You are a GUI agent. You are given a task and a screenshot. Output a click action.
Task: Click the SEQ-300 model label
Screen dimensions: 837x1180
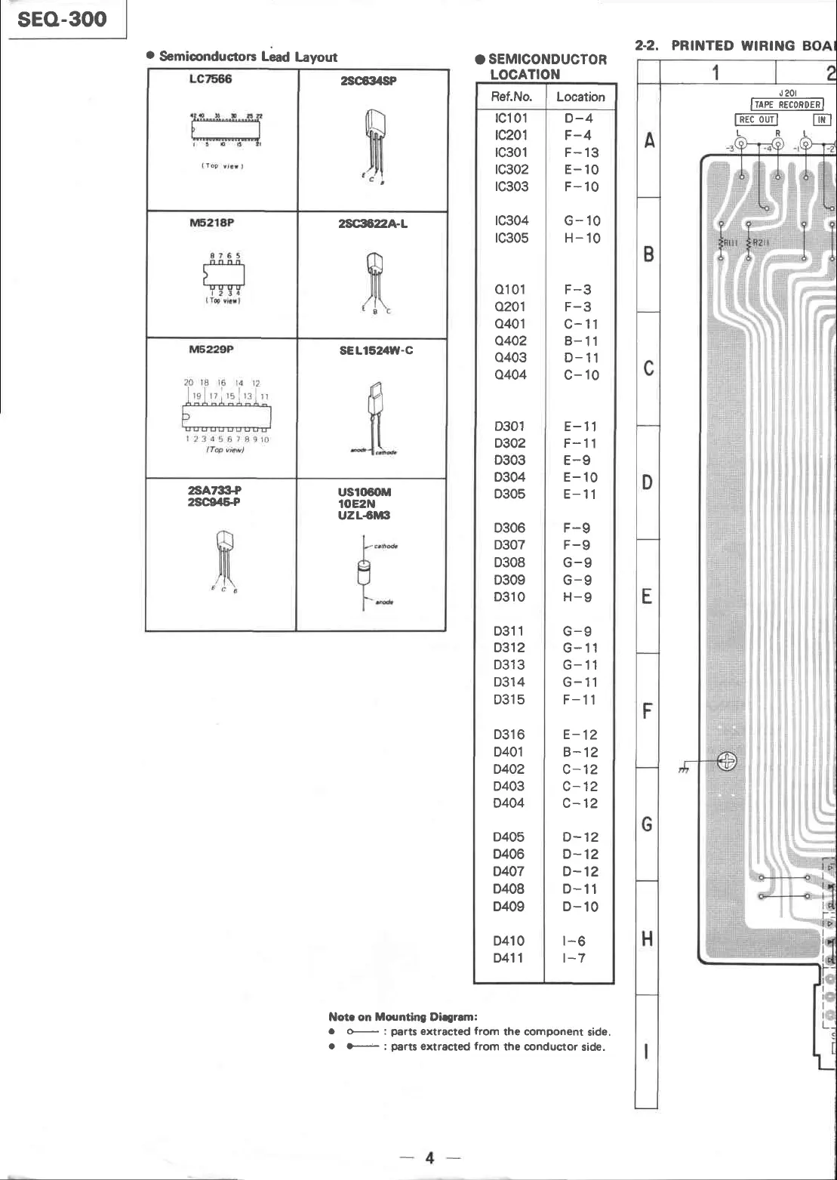click(62, 19)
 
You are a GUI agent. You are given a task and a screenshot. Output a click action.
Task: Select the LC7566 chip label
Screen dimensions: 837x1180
click(211, 79)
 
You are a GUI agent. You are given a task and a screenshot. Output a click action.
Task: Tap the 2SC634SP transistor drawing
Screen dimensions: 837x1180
click(373, 143)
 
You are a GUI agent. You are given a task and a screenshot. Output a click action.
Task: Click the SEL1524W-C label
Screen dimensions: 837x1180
click(375, 350)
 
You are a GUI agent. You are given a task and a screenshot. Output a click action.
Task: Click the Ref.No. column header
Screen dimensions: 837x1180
click(511, 97)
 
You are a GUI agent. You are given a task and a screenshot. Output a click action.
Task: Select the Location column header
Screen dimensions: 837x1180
click(580, 97)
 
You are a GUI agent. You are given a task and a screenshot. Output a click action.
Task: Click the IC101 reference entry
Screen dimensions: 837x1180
click(511, 118)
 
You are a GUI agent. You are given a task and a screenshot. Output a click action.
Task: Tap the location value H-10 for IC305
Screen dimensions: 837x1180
click(581, 238)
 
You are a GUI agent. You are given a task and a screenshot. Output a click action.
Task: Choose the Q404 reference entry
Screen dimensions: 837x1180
click(511, 374)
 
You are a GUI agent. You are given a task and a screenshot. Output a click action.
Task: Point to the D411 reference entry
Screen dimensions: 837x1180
click(509, 958)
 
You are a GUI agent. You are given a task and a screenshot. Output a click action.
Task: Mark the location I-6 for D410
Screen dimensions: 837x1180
click(574, 941)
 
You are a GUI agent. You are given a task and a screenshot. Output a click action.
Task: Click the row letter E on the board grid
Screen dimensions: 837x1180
click(647, 597)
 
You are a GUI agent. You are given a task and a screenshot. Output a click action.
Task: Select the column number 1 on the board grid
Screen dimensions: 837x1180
click(715, 72)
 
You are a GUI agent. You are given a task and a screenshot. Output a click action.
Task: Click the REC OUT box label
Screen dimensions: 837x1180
click(756, 119)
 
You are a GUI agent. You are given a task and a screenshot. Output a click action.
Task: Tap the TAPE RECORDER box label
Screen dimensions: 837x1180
click(787, 105)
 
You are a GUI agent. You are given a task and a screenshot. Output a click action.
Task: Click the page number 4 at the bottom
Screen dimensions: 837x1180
click(429, 1157)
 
